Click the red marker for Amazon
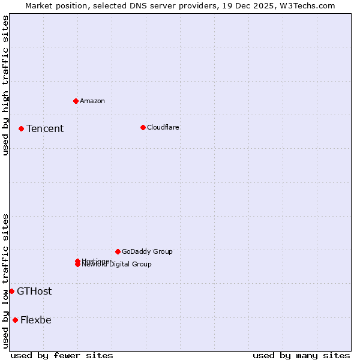point(76,101)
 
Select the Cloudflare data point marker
point(143,127)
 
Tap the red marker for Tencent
point(21,128)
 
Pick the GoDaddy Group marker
point(118,251)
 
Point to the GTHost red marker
point(11,291)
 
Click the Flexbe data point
point(15,320)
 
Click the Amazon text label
point(92,101)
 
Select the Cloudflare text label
point(163,127)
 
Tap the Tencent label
point(45,128)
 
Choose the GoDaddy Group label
point(147,251)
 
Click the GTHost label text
point(34,291)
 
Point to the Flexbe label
point(36,320)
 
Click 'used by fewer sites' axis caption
point(62,355)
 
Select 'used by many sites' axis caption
point(301,355)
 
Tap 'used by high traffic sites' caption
point(6,85)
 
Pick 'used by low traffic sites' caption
point(6,281)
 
